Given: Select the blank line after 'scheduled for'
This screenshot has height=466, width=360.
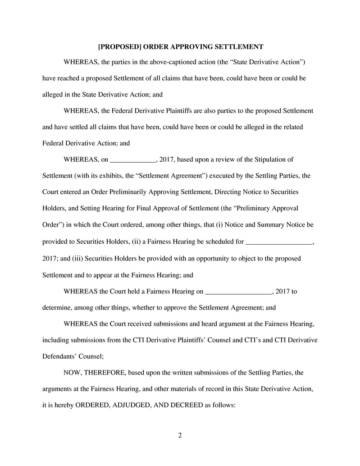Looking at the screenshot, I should click(x=279, y=242).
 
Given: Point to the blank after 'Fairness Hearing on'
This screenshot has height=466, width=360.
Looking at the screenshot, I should click(x=239, y=291).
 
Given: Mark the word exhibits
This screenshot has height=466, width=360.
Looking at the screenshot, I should click(x=108, y=176).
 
